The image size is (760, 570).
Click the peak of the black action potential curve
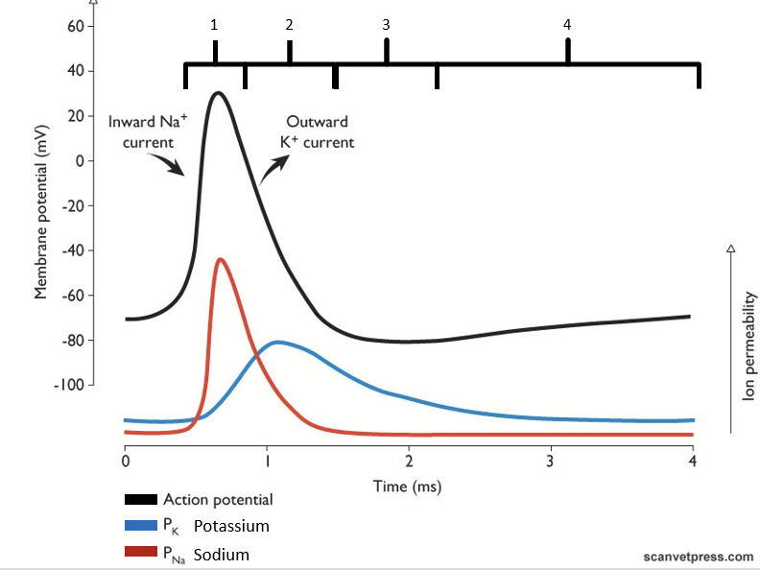click(220, 93)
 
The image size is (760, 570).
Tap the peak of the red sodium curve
click(221, 259)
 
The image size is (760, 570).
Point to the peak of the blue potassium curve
click(277, 342)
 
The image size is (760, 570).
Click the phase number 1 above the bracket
click(215, 25)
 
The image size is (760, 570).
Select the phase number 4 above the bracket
click(567, 25)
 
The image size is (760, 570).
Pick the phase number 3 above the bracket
click(386, 25)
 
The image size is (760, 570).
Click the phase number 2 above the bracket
click(289, 25)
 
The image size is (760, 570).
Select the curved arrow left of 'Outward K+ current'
click(272, 171)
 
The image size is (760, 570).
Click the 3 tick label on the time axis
click(551, 460)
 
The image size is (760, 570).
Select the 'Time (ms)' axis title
click(408, 487)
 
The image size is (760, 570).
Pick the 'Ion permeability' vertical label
click(749, 346)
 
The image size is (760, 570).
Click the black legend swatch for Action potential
click(141, 500)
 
